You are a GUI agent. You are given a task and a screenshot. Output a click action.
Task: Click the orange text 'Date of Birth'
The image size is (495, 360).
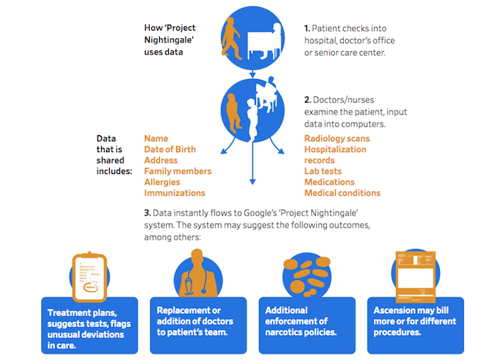[x=170, y=149]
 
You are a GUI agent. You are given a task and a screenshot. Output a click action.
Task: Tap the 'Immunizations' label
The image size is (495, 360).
[x=175, y=193]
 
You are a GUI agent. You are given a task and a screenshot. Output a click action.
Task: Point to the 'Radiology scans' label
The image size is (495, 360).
[x=337, y=139]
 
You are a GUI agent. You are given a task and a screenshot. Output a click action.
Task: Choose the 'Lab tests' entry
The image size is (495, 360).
[x=322, y=171]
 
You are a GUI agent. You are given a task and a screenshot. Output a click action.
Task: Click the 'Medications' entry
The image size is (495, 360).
[x=329, y=182]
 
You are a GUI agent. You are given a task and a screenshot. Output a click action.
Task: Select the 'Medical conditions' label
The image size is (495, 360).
[x=342, y=193]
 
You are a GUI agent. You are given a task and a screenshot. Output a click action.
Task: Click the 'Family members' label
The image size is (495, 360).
[x=177, y=171]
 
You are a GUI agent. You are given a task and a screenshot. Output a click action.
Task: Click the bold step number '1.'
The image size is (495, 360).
[x=308, y=28]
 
